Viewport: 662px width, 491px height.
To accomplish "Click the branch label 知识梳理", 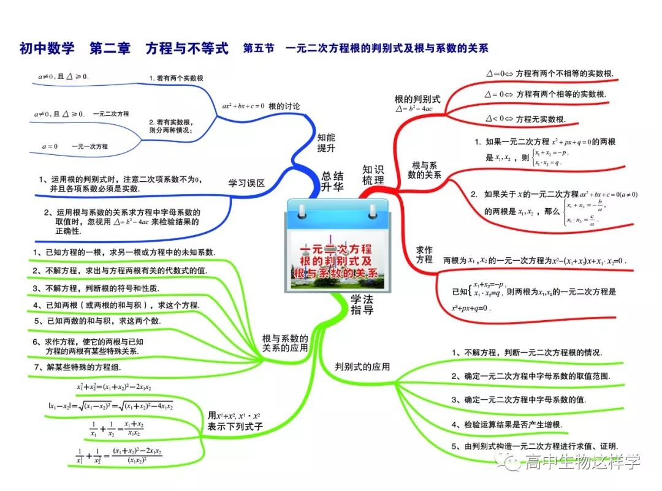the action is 373,174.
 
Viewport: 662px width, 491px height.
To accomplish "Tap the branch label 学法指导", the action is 362,304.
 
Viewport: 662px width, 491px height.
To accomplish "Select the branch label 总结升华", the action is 333,182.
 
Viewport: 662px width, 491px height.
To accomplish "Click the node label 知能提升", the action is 326,143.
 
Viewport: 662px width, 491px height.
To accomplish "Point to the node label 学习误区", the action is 246,183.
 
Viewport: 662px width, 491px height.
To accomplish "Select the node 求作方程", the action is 424,255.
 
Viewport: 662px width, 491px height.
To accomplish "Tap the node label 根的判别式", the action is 417,99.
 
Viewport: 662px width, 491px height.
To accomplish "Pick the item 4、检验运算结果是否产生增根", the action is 510,424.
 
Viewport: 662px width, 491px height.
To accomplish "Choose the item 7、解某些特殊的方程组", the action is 78,367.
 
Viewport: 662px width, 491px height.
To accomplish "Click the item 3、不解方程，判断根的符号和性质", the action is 96,288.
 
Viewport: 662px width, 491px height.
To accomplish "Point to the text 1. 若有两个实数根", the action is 176,78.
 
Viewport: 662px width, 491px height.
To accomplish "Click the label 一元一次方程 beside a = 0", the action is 89,146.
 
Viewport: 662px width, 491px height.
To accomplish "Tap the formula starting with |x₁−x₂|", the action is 110,405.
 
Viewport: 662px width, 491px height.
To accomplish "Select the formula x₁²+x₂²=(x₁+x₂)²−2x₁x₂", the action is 114,387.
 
